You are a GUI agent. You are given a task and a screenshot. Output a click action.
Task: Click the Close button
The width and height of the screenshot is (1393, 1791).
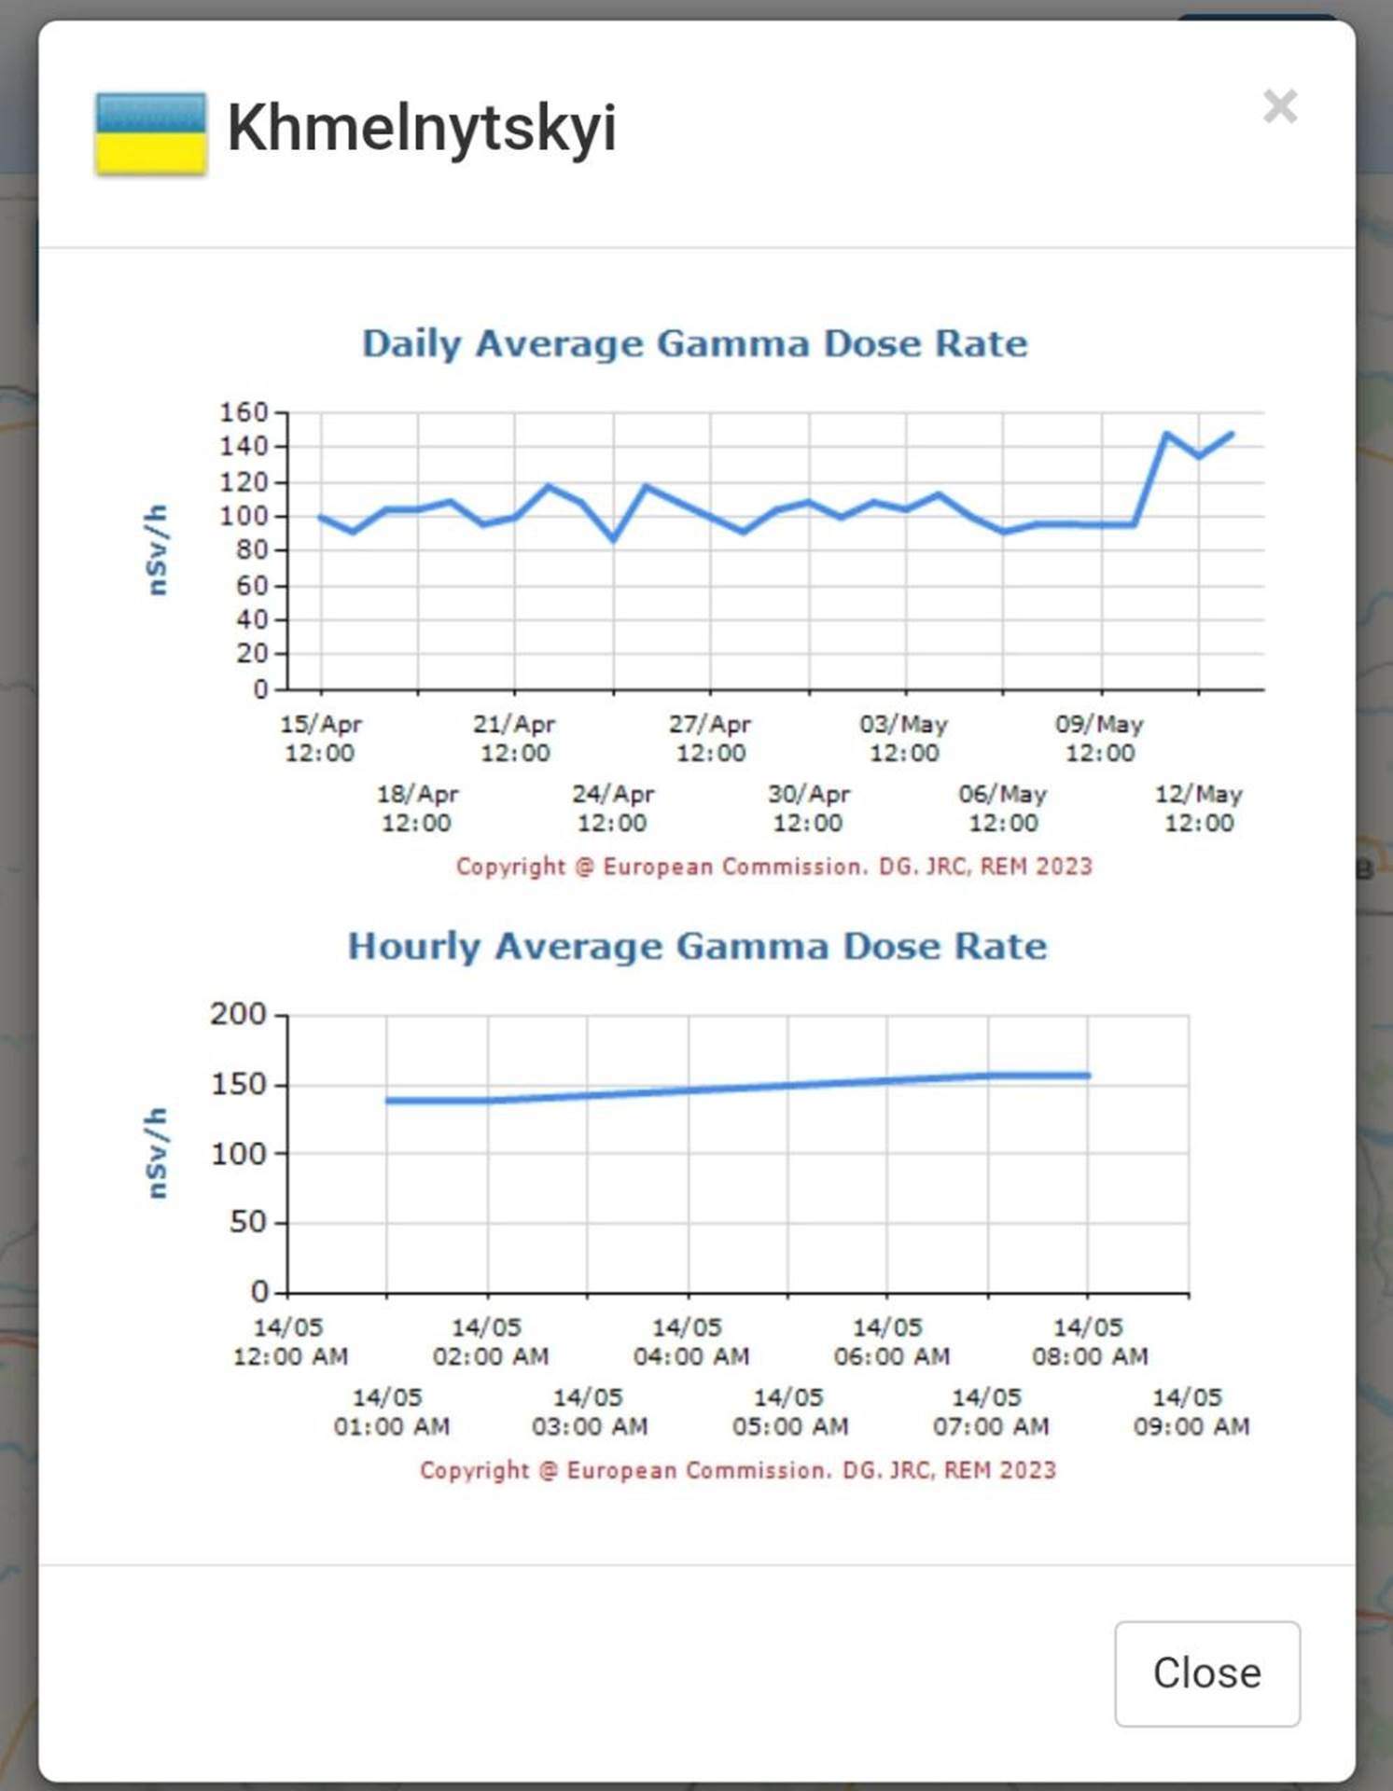coord(1206,1673)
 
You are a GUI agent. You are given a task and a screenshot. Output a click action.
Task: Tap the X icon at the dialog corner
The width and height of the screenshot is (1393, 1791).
coord(1279,106)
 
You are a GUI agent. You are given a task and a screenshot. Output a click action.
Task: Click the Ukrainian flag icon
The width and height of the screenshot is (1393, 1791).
coord(150,133)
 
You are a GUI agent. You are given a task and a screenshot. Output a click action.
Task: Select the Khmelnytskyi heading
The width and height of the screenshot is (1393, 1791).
coord(422,128)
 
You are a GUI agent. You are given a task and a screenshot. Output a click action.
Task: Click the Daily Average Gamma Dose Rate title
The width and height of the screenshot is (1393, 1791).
coord(695,343)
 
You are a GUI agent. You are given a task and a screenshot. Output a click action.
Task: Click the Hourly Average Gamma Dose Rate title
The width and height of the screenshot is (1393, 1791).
coord(697,946)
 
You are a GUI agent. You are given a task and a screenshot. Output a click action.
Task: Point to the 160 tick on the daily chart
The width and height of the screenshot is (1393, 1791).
coord(244,412)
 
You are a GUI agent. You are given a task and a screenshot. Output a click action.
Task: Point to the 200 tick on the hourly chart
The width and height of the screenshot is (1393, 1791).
coord(238,1014)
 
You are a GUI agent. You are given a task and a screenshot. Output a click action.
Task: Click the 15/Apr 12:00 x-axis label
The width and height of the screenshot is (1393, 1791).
coord(320,738)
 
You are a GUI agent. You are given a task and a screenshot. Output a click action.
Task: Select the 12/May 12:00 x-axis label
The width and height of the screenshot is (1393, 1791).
coord(1199,808)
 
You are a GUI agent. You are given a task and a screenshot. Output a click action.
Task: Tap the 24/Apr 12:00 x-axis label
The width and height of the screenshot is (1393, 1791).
coord(612,808)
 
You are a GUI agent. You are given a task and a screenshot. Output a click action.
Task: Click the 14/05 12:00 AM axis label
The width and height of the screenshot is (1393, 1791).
coord(289,1341)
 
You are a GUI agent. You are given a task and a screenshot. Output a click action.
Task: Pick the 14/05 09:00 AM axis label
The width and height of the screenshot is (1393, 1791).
coord(1191,1411)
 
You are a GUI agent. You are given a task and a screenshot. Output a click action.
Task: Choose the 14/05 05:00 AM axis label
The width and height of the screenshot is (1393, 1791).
coord(789,1411)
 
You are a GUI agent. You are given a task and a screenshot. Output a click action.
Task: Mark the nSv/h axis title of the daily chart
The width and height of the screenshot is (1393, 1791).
coord(157,550)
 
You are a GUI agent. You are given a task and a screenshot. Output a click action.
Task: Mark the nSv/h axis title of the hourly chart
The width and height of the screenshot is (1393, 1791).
coord(157,1153)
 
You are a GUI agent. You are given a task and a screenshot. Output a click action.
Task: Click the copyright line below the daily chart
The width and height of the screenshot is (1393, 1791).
coord(773,867)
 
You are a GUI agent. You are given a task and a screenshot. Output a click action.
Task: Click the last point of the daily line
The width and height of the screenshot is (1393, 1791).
coord(1232,434)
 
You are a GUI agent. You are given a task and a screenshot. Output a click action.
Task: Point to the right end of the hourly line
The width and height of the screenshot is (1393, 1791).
coord(1088,1076)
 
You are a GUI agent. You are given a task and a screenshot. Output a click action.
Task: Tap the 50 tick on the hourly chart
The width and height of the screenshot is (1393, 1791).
coord(247,1222)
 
